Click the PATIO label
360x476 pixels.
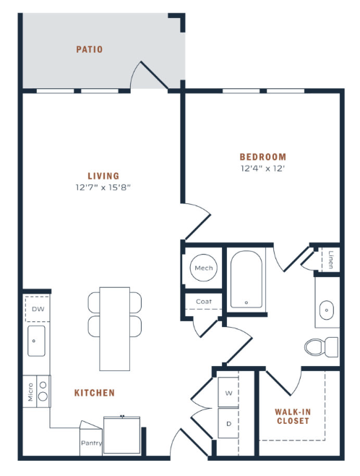90,50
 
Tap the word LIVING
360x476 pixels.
103,176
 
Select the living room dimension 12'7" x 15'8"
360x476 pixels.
103,187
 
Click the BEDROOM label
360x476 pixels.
263,156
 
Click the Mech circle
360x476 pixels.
203,268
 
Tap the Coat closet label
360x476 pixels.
203,302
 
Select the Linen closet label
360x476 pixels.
330,259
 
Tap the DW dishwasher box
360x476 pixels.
37,309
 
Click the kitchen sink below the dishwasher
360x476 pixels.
36,341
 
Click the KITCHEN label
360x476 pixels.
95,393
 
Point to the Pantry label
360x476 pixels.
91,443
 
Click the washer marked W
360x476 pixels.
228,394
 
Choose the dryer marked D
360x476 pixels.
228,422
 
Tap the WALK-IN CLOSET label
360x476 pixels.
292,416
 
